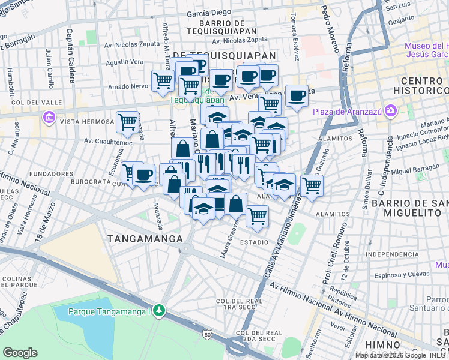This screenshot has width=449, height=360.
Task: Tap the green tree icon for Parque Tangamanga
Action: [x=159, y=310]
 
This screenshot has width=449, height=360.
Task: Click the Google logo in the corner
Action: [x=20, y=353]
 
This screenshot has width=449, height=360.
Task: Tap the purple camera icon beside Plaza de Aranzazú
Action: [x=391, y=110]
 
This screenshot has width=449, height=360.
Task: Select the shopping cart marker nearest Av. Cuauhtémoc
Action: [x=127, y=122]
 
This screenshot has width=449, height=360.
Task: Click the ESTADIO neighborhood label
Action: [x=254, y=242]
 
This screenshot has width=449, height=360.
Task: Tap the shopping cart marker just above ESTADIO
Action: [x=257, y=215]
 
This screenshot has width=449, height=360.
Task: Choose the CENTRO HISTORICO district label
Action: [x=414, y=85]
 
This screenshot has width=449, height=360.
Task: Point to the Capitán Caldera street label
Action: [x=70, y=47]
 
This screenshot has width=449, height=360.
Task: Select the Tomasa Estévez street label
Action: [x=294, y=36]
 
